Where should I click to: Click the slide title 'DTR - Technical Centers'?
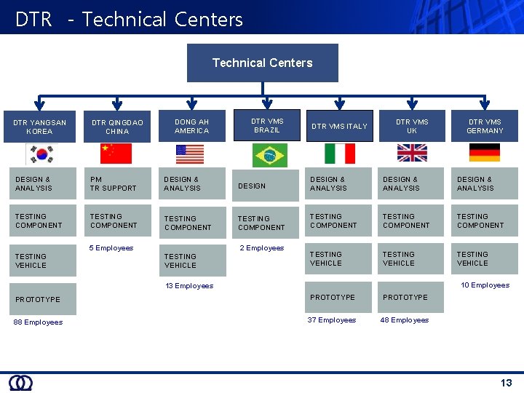129,19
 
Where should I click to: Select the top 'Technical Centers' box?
262,63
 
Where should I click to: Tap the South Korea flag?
39,154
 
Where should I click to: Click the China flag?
116,153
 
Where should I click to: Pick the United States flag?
191,154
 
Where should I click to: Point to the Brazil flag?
269,155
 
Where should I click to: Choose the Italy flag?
339,153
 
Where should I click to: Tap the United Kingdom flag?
412,152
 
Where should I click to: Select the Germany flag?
485,152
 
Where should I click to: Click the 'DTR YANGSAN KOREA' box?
39,127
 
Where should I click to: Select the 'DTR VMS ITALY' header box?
339,126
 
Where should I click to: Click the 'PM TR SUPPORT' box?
116,183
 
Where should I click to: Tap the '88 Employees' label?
38,322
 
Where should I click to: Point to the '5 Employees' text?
111,248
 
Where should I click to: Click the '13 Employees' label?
189,286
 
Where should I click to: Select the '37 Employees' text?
332,320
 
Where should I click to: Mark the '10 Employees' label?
485,285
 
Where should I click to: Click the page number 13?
506,383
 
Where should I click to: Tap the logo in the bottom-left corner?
20,383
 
